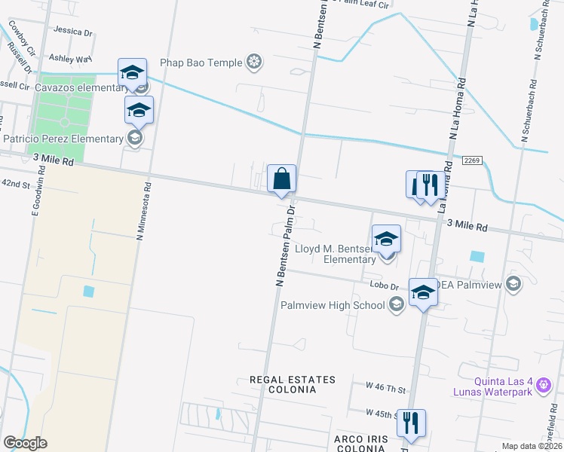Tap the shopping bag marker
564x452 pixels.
pyautogui.click(x=281, y=179)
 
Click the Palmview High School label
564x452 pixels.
pyautogui.click(x=333, y=305)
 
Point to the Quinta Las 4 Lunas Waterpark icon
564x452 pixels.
pyautogui.click(x=543, y=385)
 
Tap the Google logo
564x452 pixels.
pyautogui.click(x=25, y=442)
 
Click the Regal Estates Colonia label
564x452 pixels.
pyautogui.click(x=292, y=384)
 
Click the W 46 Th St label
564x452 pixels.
pyautogui.click(x=385, y=388)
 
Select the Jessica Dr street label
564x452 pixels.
pyautogui.click(x=73, y=32)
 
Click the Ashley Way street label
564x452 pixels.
pyautogui.click(x=69, y=57)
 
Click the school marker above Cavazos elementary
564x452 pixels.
pyautogui.click(x=132, y=73)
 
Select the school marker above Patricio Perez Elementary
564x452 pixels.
pyautogui.click(x=139, y=110)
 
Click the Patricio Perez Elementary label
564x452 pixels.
pyautogui.click(x=63, y=139)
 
